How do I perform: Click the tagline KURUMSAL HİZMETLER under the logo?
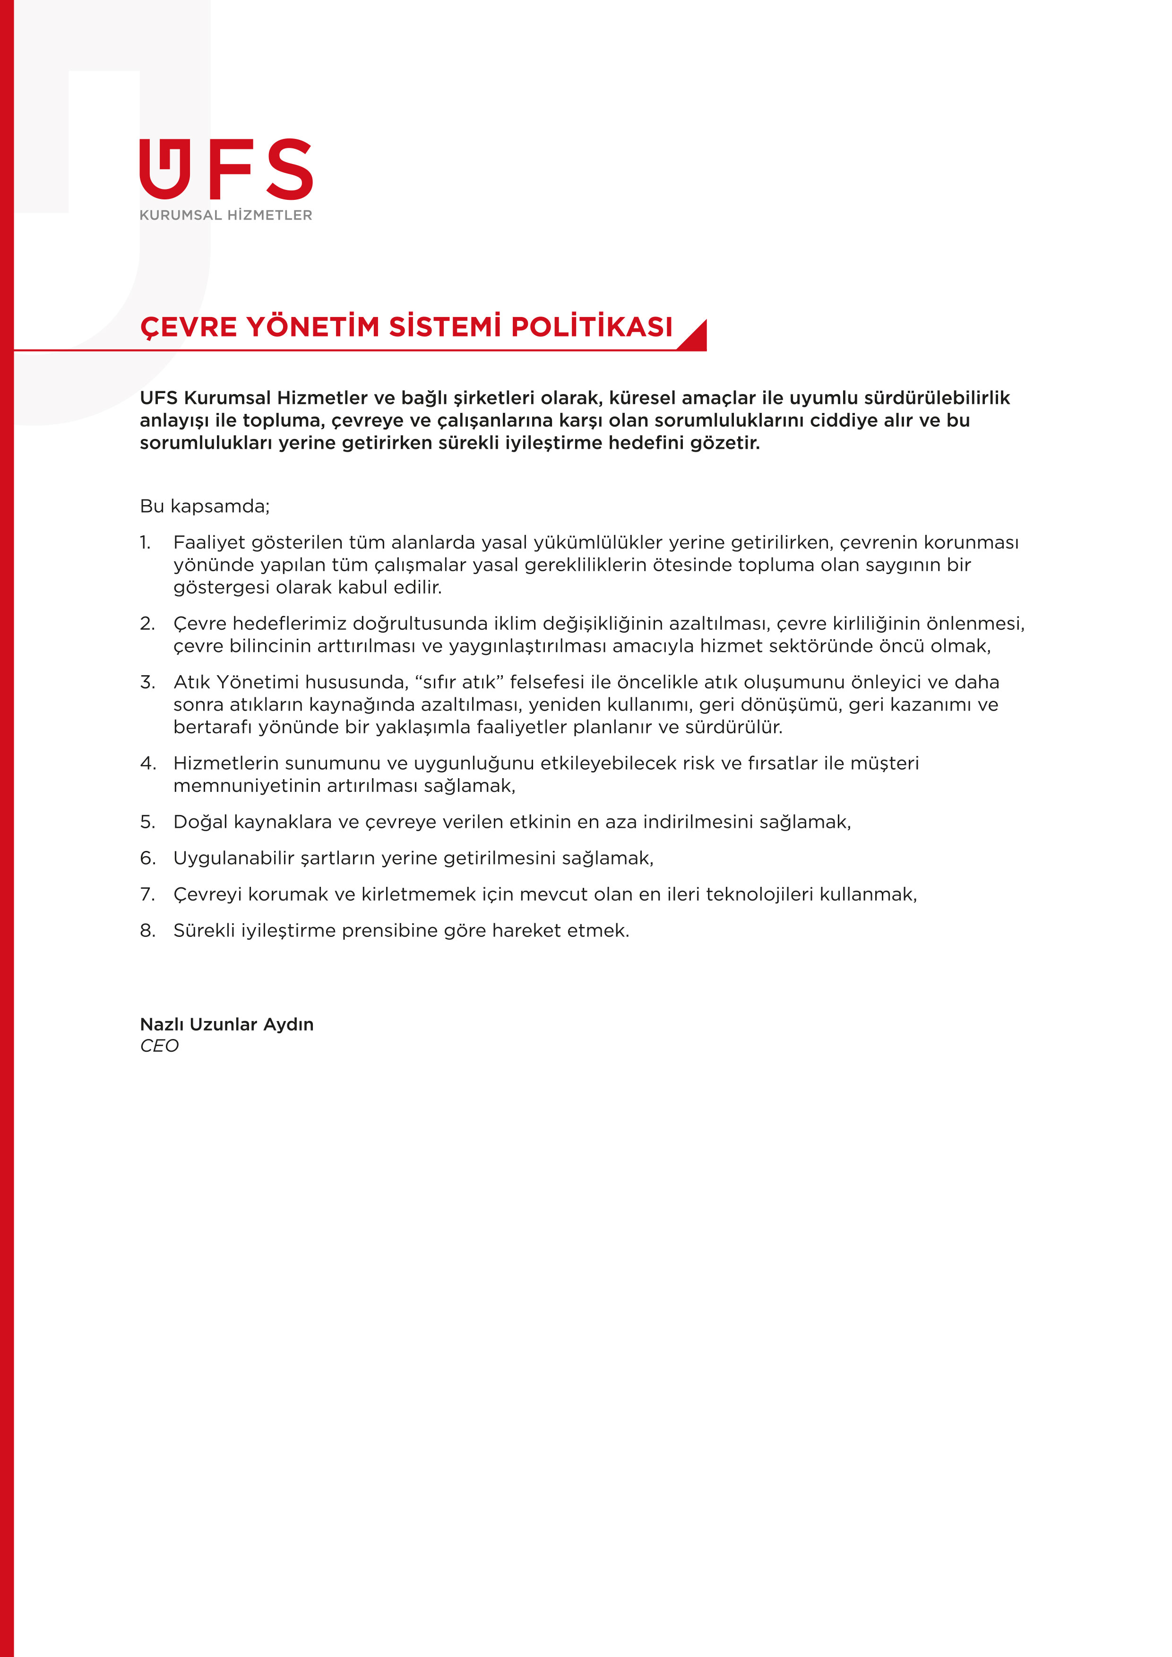click(x=226, y=215)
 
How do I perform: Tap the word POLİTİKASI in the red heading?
click(x=592, y=327)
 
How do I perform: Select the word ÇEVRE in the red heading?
click(x=189, y=327)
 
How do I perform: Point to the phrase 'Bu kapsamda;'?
click(x=204, y=506)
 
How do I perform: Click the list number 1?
click(x=145, y=542)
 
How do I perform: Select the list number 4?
click(x=147, y=763)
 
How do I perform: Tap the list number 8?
click(x=147, y=930)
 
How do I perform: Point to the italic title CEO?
click(x=159, y=1046)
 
